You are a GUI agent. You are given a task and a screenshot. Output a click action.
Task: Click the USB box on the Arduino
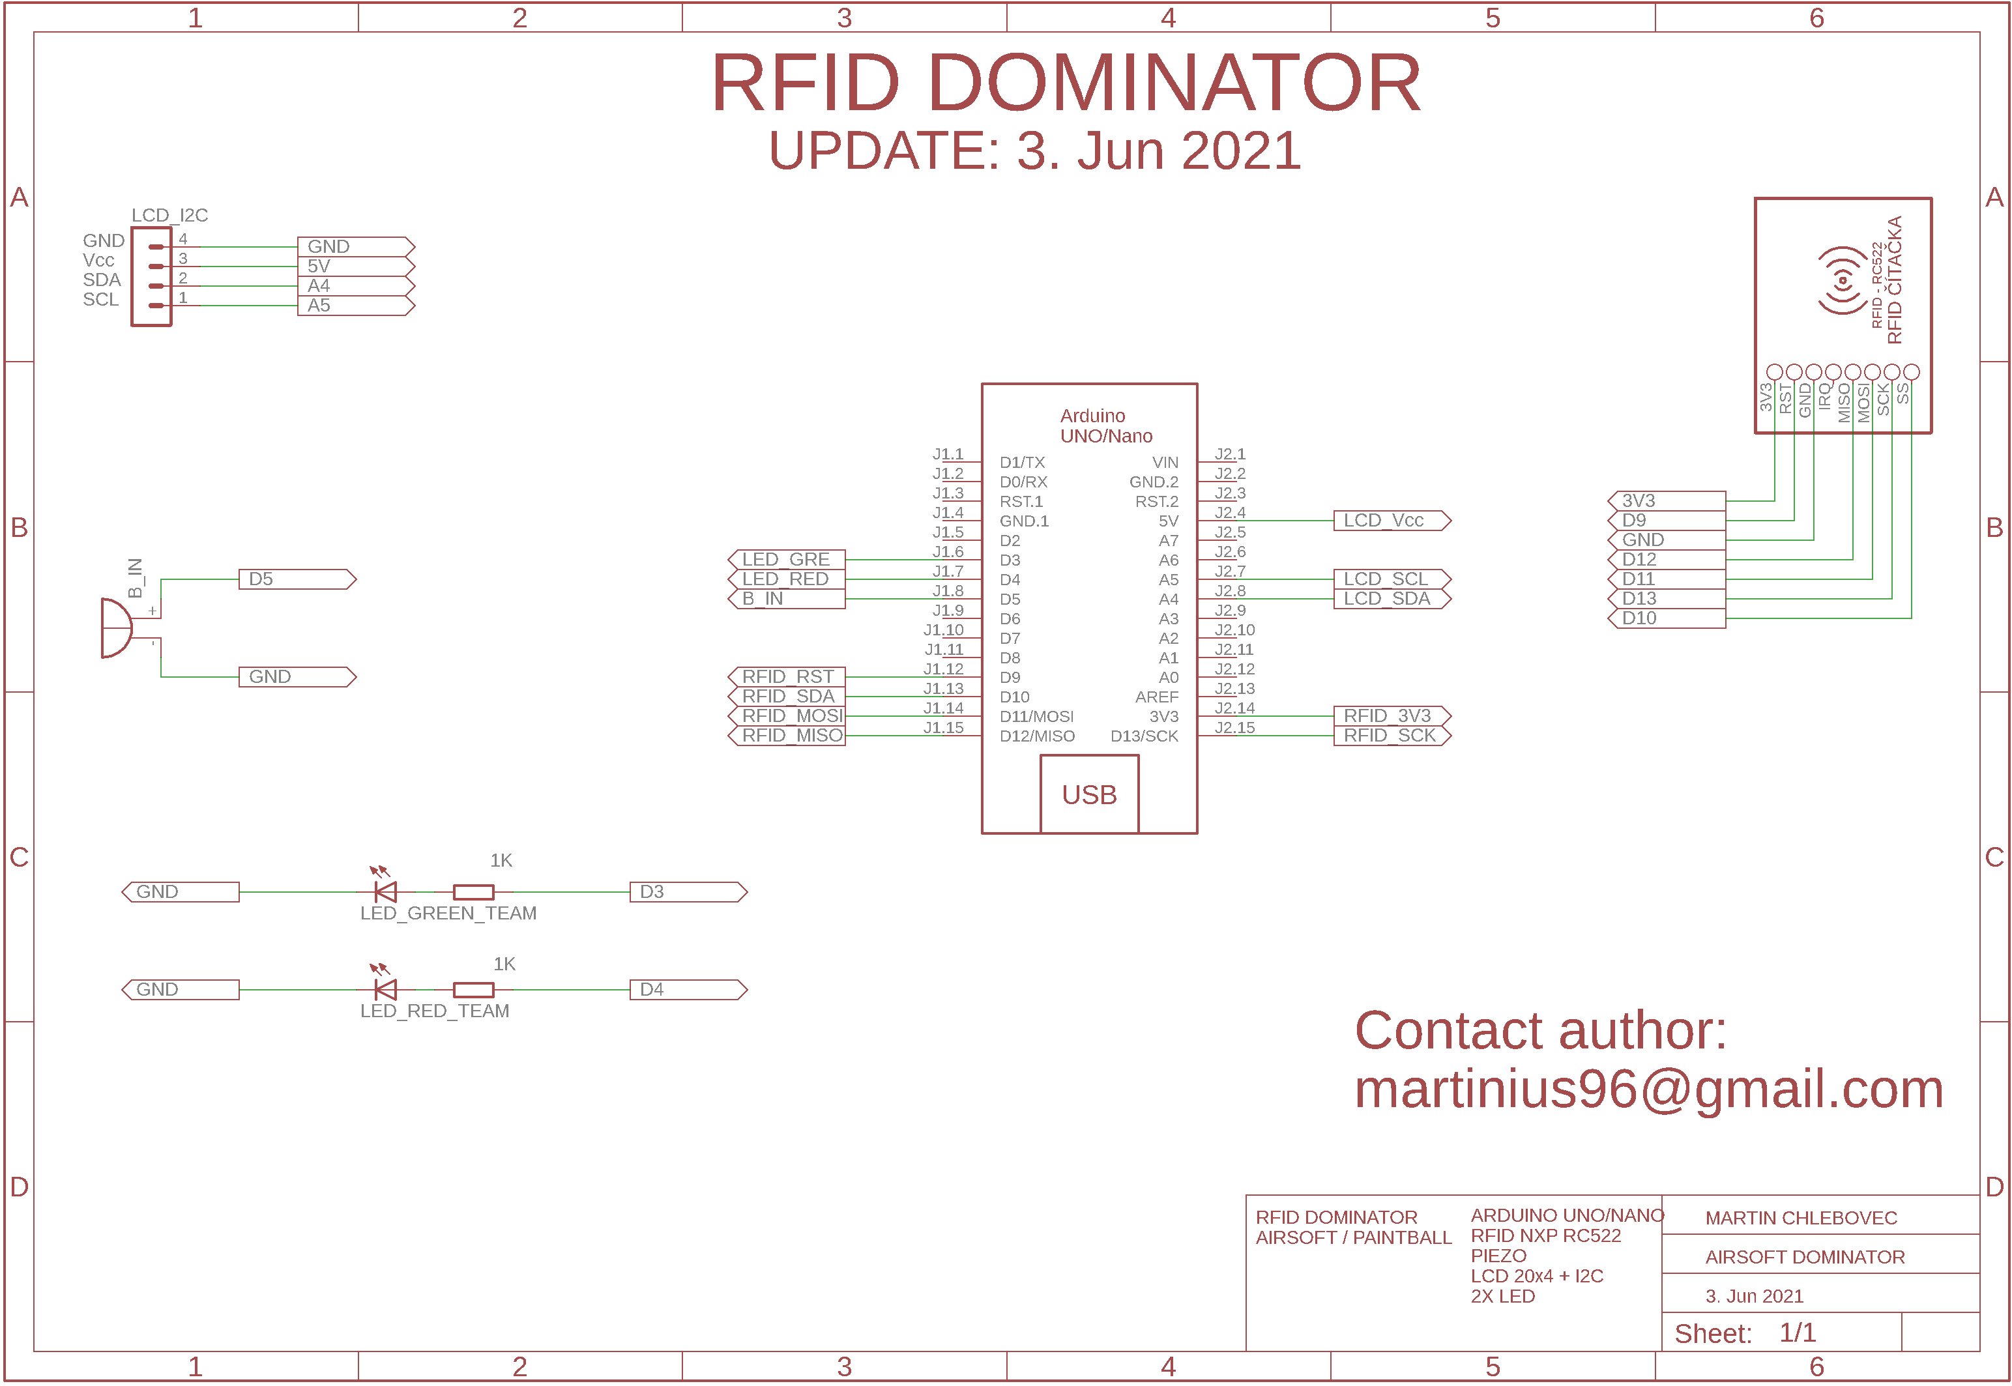click(1089, 794)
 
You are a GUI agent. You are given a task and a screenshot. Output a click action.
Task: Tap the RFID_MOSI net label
click(787, 715)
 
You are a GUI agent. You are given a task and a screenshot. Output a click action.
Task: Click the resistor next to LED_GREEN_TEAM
click(473, 892)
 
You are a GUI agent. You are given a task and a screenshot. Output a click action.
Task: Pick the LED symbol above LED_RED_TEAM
click(385, 989)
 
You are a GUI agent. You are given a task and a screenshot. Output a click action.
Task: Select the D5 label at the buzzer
click(296, 579)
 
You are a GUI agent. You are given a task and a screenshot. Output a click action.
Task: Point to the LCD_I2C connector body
click(151, 276)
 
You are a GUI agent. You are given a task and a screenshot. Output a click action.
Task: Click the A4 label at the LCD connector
click(355, 285)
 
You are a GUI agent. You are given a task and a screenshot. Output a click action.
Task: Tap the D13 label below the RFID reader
click(1665, 598)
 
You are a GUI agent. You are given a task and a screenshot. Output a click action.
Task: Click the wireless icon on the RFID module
click(1841, 280)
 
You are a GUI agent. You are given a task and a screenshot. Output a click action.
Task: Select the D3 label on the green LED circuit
click(687, 892)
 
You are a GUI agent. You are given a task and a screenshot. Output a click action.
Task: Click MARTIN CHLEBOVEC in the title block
click(1800, 1217)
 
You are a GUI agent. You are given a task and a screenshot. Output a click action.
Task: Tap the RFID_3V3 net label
click(1390, 715)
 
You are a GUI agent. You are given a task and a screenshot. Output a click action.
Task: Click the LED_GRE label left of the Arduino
click(786, 559)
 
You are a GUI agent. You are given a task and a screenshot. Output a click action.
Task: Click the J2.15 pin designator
click(1234, 728)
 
